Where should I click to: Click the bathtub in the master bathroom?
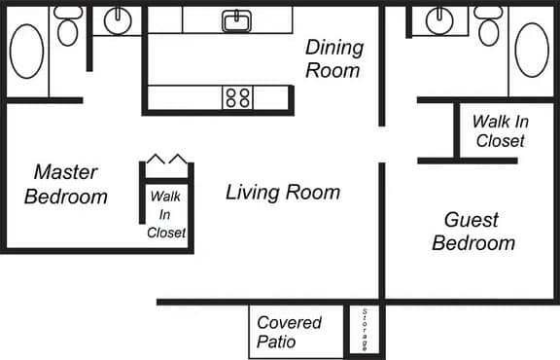click(26, 52)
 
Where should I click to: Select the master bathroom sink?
click(118, 18)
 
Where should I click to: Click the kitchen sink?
click(235, 19)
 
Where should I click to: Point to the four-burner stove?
click(238, 97)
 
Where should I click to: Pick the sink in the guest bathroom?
click(439, 18)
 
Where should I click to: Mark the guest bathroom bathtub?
click(532, 50)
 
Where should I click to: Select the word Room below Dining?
click(333, 70)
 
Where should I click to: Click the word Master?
click(65, 172)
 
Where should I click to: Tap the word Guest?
click(472, 219)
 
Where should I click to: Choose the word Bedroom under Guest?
click(472, 242)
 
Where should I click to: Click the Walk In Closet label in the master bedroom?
click(166, 214)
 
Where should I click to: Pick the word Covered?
click(289, 323)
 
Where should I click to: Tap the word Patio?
click(276, 343)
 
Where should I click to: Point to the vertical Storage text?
click(365, 331)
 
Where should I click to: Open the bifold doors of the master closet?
click(166, 160)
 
